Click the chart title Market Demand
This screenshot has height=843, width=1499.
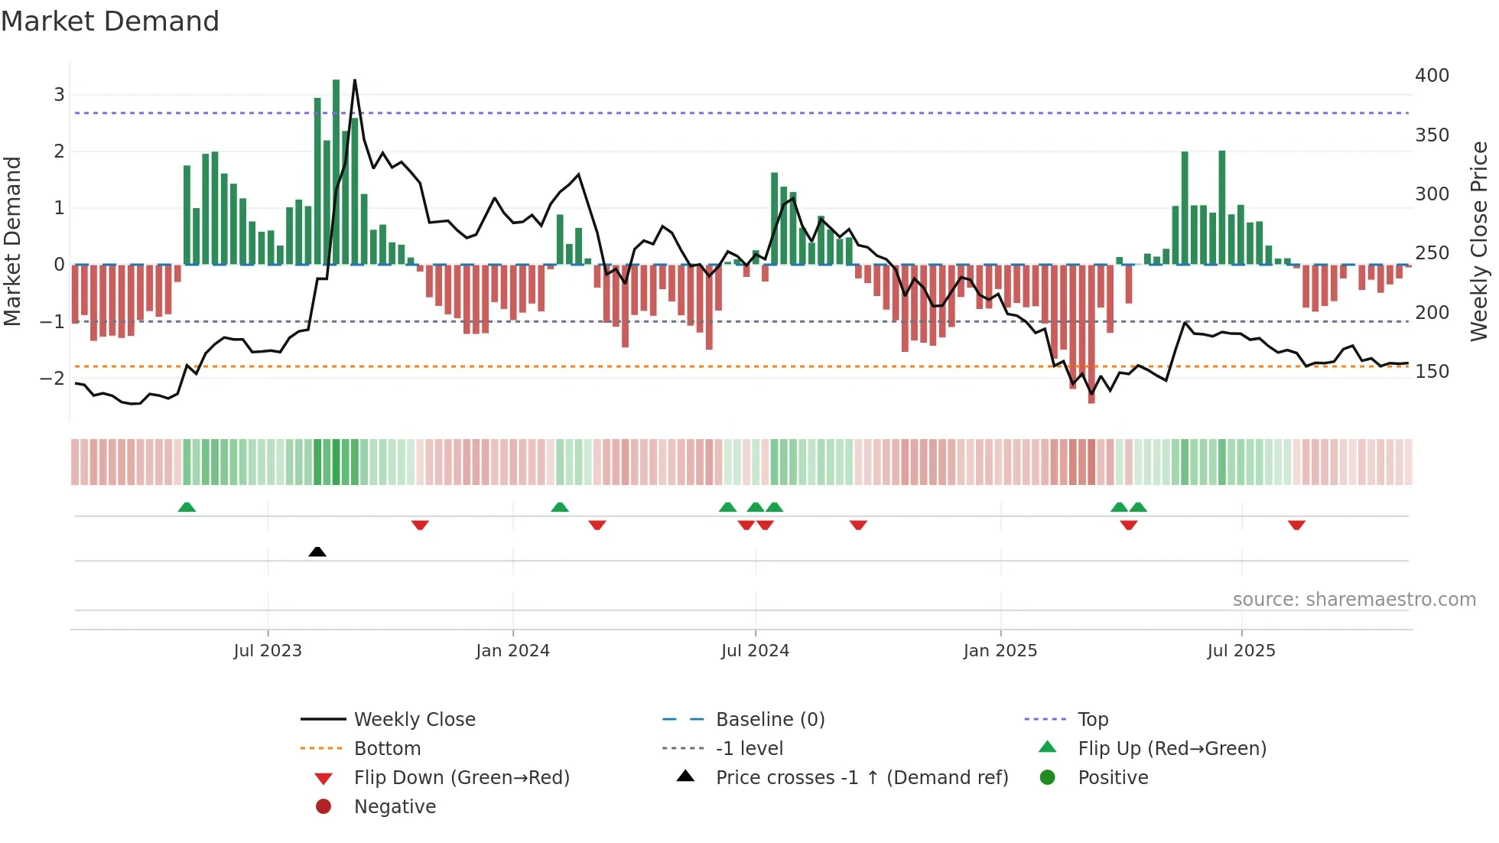[x=110, y=21]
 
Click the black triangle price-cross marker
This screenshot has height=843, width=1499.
[x=317, y=552]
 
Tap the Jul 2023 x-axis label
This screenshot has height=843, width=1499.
[x=268, y=651]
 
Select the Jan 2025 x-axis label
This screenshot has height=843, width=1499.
[x=1000, y=651]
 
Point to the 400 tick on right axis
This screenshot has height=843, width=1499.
[x=1432, y=76]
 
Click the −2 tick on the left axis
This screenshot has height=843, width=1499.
[x=52, y=378]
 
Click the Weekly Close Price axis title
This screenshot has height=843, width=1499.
[x=1479, y=241]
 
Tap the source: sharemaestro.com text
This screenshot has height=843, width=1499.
[x=1354, y=600]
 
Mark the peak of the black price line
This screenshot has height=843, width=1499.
[x=355, y=80]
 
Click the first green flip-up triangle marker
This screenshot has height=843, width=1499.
[x=187, y=507]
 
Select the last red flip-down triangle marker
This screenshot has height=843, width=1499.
[x=1296, y=525]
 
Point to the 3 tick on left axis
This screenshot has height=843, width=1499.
[x=59, y=95]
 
